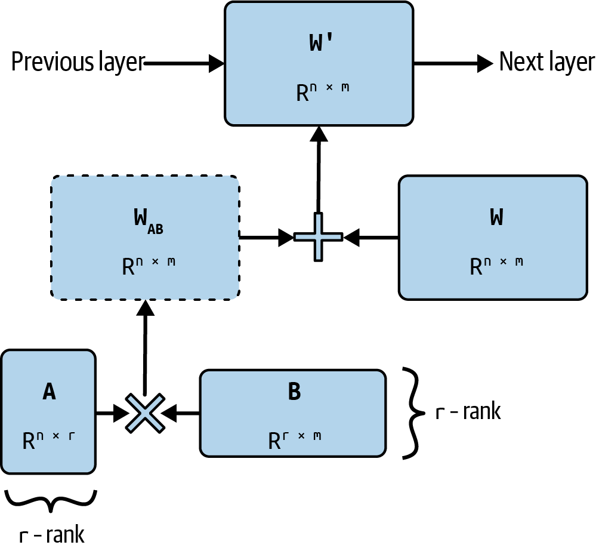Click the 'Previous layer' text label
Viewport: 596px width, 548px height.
pyautogui.click(x=78, y=62)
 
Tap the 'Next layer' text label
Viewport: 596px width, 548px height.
pyautogui.click(x=546, y=62)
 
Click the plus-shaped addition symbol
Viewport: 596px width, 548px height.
pyautogui.click(x=318, y=237)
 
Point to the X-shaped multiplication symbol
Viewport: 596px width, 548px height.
pyautogui.click(x=144, y=412)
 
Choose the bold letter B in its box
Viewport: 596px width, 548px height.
pyautogui.click(x=294, y=392)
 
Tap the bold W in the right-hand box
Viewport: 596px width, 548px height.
pyautogui.click(x=496, y=218)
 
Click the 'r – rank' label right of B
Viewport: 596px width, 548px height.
pyautogui.click(x=468, y=412)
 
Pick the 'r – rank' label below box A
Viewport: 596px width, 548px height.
pyautogui.click(x=52, y=534)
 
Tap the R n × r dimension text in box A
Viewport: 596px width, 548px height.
pyautogui.click(x=49, y=440)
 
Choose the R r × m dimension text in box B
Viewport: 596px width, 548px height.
pyautogui.click(x=294, y=440)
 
